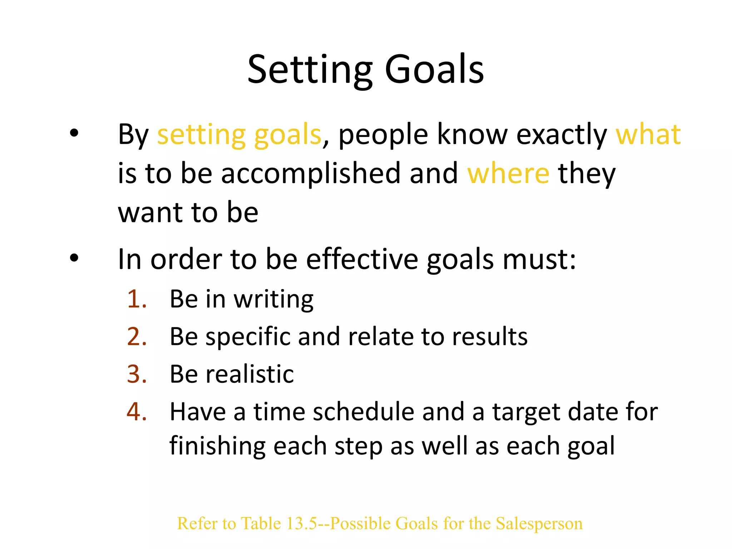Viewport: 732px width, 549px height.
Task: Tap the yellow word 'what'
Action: coord(648,135)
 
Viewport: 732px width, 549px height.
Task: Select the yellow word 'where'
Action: coord(508,173)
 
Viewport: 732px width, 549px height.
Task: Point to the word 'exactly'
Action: coord(562,135)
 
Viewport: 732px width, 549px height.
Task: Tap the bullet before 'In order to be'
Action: coord(74,258)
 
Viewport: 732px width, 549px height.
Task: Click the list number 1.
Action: coord(137,299)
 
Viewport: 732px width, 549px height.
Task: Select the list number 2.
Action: coord(137,337)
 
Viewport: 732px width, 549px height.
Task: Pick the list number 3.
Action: coord(137,374)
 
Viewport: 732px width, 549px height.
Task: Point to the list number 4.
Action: coord(137,412)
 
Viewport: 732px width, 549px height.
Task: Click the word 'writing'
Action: coord(273,300)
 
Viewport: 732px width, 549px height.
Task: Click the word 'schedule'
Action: coord(363,412)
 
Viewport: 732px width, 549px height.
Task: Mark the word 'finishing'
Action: coord(217,446)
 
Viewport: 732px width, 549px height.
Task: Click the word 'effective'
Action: coord(362,259)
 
